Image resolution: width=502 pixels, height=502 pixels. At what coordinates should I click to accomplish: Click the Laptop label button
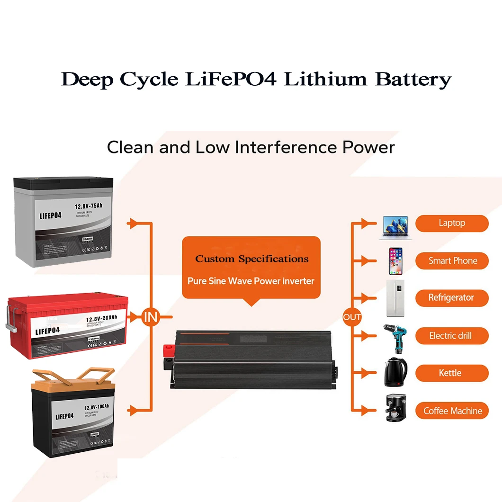452,223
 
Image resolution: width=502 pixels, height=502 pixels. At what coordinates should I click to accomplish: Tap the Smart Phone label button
452,260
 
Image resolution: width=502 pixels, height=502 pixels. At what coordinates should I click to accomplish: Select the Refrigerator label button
452,298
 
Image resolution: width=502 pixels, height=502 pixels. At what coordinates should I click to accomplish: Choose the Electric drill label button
452,336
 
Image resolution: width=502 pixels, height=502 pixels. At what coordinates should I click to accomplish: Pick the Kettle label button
452,373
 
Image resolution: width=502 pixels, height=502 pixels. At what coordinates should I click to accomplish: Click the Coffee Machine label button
452,411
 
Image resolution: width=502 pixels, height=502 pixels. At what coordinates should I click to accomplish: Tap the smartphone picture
395,261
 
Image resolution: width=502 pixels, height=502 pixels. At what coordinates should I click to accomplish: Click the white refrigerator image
395,298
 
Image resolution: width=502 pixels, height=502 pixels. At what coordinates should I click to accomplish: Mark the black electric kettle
395,373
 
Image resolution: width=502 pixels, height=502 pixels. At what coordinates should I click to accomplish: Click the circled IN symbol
151,317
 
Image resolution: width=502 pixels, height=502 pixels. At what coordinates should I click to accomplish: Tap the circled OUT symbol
352,317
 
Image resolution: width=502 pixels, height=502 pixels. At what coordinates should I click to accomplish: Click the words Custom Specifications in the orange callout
251,259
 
